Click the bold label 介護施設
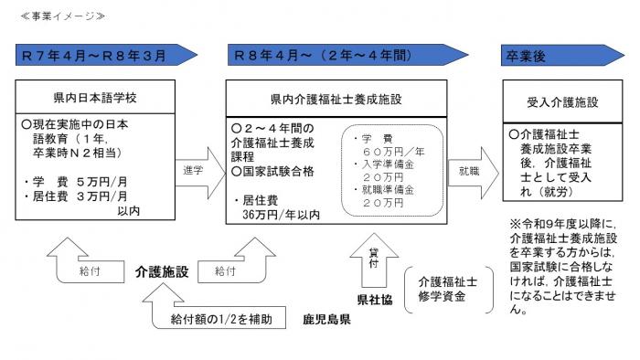click(162, 271)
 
